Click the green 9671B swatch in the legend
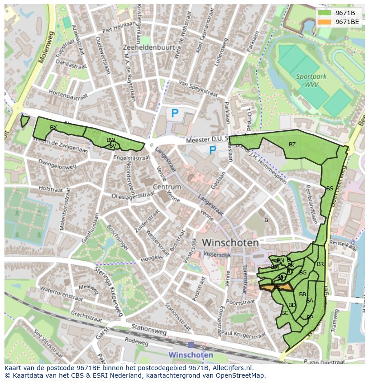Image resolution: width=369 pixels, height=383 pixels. coord(325,13)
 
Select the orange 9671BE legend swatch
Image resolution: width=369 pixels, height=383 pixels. coord(325,22)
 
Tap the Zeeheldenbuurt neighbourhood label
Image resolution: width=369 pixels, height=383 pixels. coord(149,47)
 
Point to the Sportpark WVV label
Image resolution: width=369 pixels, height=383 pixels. coord(311,80)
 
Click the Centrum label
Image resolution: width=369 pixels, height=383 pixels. coord(167,187)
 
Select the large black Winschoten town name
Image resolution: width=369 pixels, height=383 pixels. coord(230,243)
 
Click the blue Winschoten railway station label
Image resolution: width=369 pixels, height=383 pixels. coord(191,355)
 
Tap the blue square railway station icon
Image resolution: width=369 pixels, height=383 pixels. coord(191,345)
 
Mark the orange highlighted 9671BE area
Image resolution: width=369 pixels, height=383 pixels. coord(277,288)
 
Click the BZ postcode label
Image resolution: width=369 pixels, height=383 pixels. coord(292,144)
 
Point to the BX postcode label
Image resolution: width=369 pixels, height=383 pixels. coord(53,128)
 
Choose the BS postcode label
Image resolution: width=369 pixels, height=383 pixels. coord(329,189)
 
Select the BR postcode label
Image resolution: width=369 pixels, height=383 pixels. coord(320,264)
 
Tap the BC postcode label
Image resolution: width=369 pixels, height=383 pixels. coord(285,313)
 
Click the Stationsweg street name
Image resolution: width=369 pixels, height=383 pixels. coord(149,330)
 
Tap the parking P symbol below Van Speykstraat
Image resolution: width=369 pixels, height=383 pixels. coord(175,113)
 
